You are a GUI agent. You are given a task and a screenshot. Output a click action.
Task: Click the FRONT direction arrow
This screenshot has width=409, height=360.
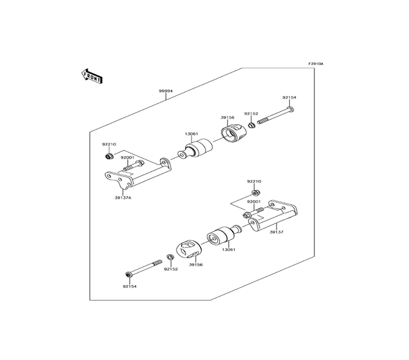pyautogui.click(x=92, y=76)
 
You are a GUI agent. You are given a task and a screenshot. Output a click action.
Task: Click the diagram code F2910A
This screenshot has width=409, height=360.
pyautogui.click(x=316, y=64)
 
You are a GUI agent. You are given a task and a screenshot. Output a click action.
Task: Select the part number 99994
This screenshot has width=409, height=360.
pyautogui.click(x=165, y=91)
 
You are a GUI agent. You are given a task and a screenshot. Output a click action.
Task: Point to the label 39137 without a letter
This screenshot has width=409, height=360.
pyautogui.click(x=276, y=232)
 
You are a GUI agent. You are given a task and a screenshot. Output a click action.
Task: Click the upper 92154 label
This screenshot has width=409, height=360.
pyautogui.click(x=289, y=97)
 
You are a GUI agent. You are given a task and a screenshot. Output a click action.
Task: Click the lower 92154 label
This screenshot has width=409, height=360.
pyautogui.click(x=129, y=286)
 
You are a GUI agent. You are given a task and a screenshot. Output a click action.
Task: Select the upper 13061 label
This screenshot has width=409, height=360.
pyautogui.click(x=191, y=133)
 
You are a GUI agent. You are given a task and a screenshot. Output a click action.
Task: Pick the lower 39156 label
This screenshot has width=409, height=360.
pyautogui.click(x=196, y=265)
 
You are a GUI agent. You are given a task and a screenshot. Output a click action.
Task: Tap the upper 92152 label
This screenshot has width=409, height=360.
pyautogui.click(x=251, y=113)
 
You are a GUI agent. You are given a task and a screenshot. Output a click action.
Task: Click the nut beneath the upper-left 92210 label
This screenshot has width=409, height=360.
pyautogui.click(x=109, y=156)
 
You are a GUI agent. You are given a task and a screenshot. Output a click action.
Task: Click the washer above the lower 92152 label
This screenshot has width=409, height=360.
pyautogui.click(x=170, y=257)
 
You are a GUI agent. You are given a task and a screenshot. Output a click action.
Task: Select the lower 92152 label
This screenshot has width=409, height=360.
pyautogui.click(x=171, y=269)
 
